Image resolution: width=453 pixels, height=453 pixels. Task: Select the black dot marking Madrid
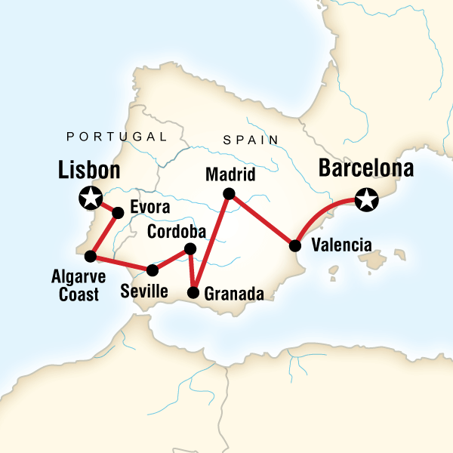coord(230,194)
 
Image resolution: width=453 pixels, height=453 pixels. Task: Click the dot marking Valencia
coord(294,245)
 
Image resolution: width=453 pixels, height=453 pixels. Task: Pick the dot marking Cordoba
coord(190,249)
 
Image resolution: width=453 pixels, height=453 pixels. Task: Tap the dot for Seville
coord(152,270)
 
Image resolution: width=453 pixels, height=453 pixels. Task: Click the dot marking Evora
coord(118,213)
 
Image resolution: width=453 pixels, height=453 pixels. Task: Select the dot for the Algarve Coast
coord(90,255)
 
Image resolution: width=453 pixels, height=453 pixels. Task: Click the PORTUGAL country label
coord(117,137)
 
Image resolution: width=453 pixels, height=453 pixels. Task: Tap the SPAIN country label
coord(251,140)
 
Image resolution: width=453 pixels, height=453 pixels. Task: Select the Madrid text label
coord(231,175)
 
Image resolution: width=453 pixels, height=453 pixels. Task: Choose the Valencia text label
coord(341,245)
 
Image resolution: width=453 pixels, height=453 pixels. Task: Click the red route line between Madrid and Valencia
coord(262,220)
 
